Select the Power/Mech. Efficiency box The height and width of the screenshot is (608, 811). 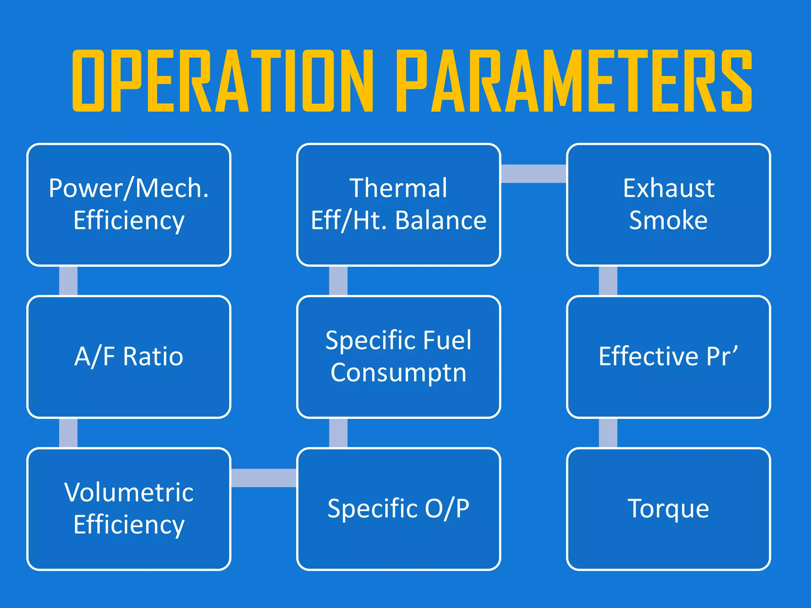pos(129,205)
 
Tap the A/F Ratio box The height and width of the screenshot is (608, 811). pos(129,357)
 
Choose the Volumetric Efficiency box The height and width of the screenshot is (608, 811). pos(129,509)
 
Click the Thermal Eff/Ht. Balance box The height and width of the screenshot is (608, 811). pos(398,205)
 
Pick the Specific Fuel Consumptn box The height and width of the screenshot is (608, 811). pos(398,357)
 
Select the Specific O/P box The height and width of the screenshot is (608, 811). pos(398,509)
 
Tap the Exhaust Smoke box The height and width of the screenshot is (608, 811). pos(668,205)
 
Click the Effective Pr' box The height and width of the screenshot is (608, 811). pos(668,357)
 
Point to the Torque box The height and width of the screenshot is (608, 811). pos(668,509)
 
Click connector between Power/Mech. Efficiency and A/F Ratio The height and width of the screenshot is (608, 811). pos(68,281)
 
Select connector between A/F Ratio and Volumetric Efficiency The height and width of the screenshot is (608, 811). pos(68,433)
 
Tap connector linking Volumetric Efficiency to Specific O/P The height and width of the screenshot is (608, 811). pos(264,478)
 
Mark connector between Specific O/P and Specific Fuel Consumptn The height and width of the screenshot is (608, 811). pos(338,433)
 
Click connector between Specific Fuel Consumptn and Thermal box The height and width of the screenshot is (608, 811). pos(338,281)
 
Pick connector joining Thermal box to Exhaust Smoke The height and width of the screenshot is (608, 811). pos(534,174)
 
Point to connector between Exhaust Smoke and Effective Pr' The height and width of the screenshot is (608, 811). pos(608,281)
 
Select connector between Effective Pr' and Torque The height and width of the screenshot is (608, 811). pos(608,433)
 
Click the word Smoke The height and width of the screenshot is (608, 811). pos(668,220)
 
